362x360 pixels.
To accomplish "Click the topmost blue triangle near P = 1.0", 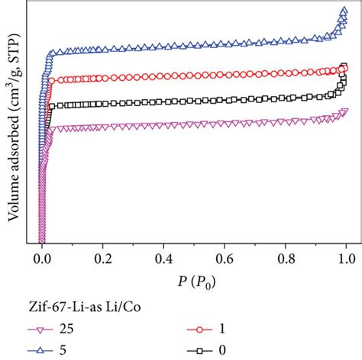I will coord(341,11).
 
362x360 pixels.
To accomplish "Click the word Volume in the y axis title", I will coord(15,201).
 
